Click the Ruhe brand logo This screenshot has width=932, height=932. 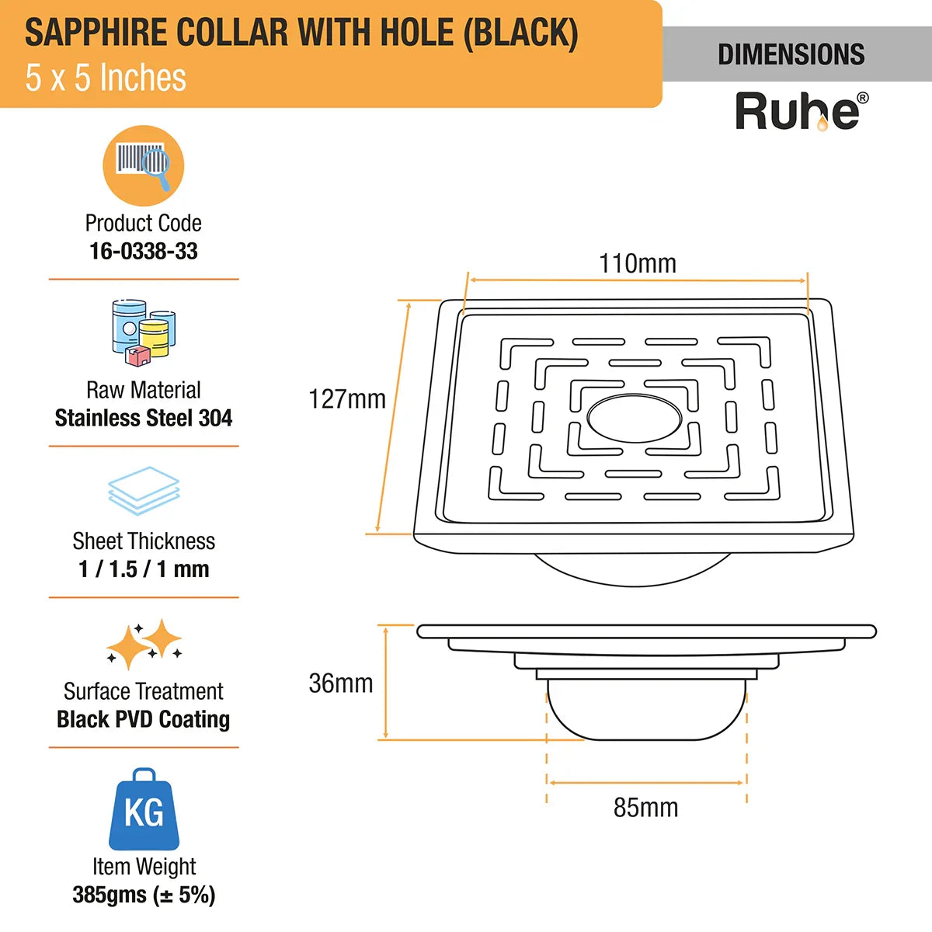click(x=801, y=112)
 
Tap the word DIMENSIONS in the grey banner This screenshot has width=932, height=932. click(x=791, y=54)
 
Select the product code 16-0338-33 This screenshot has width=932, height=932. click(x=144, y=251)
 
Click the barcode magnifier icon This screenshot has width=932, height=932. click(x=144, y=165)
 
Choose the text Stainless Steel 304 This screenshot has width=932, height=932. click(x=144, y=418)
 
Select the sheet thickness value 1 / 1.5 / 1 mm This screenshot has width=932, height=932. click(x=144, y=569)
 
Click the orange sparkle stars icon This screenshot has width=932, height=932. click(x=144, y=644)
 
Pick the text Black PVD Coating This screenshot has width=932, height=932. click(x=144, y=719)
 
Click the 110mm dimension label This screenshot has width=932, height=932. click(x=637, y=263)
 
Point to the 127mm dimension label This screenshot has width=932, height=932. click(x=346, y=399)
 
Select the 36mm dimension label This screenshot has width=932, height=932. click(x=340, y=683)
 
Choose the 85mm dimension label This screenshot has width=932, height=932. click(x=645, y=808)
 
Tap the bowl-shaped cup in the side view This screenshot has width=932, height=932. click(x=646, y=711)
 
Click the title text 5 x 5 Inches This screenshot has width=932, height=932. click(x=106, y=78)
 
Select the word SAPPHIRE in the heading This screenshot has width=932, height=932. click(x=96, y=33)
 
